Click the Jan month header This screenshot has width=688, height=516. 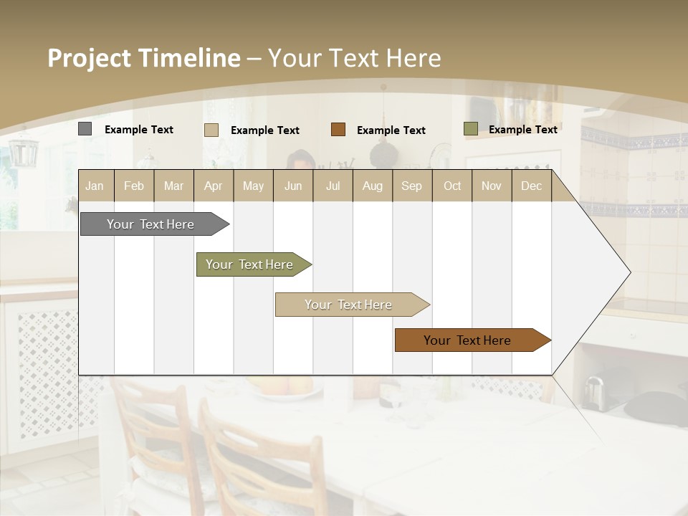coord(95,186)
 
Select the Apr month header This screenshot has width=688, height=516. coord(213,186)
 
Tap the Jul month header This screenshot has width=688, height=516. coord(333,186)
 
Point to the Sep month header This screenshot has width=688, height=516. coord(411,186)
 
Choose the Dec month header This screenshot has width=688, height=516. coord(531,186)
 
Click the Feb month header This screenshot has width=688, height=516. coord(134,186)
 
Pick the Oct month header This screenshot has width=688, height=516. coord(452,186)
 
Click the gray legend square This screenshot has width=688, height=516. coord(85,129)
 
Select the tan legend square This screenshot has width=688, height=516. coord(211,130)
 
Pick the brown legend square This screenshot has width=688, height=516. coord(338,130)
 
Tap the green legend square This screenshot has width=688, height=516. coord(470,129)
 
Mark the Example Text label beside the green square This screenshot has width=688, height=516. coord(522,130)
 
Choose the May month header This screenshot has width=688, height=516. coord(253,186)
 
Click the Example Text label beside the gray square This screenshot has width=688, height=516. coord(139,130)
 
